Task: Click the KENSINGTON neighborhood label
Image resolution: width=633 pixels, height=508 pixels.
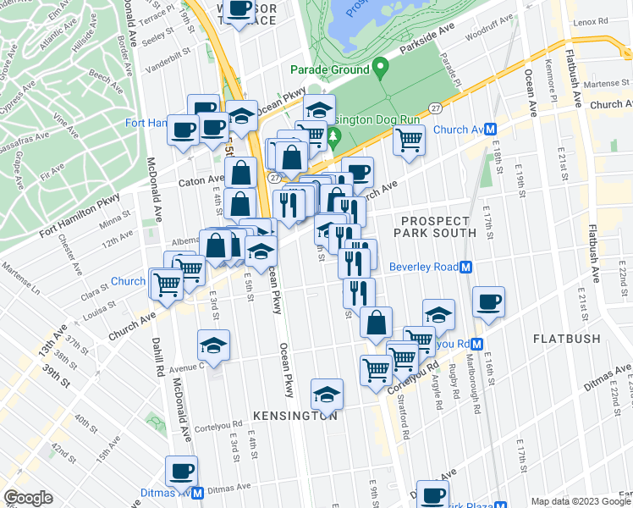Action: click(x=295, y=416)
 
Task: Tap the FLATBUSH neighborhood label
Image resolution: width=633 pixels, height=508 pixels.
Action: click(x=566, y=339)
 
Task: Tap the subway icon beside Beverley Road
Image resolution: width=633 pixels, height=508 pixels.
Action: click(x=465, y=267)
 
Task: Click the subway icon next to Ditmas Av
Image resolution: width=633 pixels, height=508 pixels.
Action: click(x=196, y=492)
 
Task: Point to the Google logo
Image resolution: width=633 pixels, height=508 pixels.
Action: click(x=28, y=498)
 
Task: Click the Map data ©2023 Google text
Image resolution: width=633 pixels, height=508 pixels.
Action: click(x=581, y=501)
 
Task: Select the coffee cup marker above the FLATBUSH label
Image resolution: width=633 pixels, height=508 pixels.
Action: click(x=488, y=302)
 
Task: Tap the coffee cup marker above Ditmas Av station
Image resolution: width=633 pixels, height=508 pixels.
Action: click(x=181, y=471)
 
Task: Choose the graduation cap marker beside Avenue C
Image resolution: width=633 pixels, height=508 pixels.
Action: click(x=213, y=345)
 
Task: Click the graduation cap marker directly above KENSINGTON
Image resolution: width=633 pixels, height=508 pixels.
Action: click(x=327, y=394)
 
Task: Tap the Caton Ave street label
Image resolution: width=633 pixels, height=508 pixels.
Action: click(x=200, y=180)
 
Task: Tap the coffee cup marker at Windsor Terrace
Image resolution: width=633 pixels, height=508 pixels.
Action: click(x=239, y=10)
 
